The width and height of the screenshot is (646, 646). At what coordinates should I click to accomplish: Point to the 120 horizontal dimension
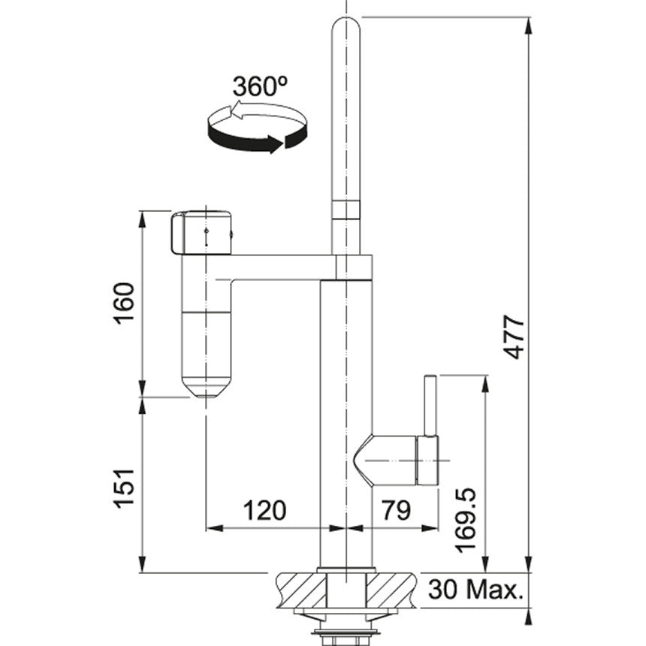point(264,511)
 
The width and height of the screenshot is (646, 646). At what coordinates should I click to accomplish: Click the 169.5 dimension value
point(466,518)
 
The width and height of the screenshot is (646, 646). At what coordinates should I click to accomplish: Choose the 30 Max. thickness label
point(475,589)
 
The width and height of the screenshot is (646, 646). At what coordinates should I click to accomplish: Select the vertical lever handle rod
point(430,406)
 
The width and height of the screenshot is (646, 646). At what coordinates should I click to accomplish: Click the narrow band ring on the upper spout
point(346,209)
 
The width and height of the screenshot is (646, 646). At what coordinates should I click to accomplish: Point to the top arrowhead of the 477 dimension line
point(529,24)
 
